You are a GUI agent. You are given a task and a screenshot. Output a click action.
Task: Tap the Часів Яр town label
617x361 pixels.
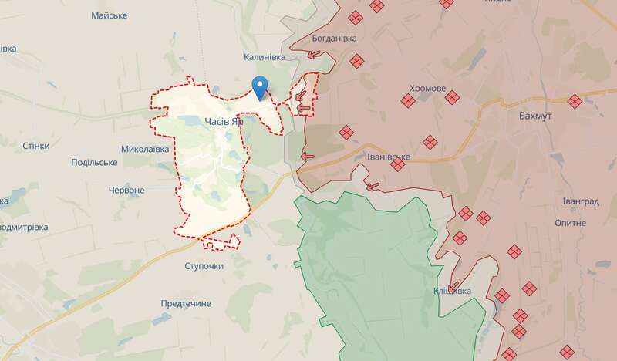[x=224, y=121]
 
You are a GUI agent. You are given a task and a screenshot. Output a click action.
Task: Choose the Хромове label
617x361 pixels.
[x=428, y=89]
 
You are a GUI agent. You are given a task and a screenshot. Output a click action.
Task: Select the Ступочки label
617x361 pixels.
[x=204, y=266]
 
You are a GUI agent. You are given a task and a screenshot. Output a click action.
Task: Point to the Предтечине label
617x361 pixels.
[x=186, y=304]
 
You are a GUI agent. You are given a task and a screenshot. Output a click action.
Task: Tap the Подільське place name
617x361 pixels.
[x=93, y=162]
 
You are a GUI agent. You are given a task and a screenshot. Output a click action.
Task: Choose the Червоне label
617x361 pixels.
[x=126, y=190]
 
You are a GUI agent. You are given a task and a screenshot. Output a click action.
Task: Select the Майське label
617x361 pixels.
[x=109, y=15]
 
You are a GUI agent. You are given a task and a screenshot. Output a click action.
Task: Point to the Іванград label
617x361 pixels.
[x=580, y=201]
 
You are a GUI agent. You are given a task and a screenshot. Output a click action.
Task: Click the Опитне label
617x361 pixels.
[x=571, y=222]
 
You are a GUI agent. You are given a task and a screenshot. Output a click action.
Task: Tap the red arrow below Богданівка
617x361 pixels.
[x=314, y=54]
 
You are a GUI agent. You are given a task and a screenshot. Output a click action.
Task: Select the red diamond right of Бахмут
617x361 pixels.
[x=575, y=101]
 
